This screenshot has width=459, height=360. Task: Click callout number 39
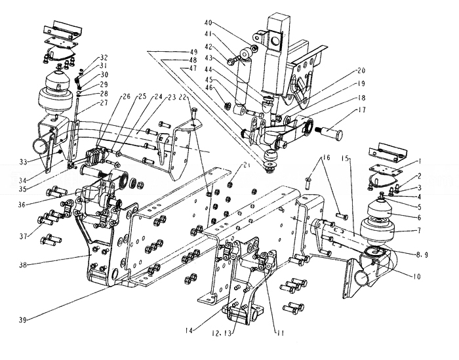23,320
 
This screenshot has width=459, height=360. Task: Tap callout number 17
362,110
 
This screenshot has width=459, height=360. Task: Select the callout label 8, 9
422,255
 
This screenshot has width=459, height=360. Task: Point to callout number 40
208,23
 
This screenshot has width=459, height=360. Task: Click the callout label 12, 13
222,333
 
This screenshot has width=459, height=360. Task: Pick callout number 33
23,161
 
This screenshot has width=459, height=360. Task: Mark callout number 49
193,52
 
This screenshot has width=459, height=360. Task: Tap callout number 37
23,235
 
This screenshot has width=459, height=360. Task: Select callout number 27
104,103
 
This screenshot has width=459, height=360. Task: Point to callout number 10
417,276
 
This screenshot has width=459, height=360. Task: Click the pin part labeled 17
331,133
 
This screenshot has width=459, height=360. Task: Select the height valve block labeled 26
94,156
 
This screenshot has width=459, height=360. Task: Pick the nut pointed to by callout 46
227,104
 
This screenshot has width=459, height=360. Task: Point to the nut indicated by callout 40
254,48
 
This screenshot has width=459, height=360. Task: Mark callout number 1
420,161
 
